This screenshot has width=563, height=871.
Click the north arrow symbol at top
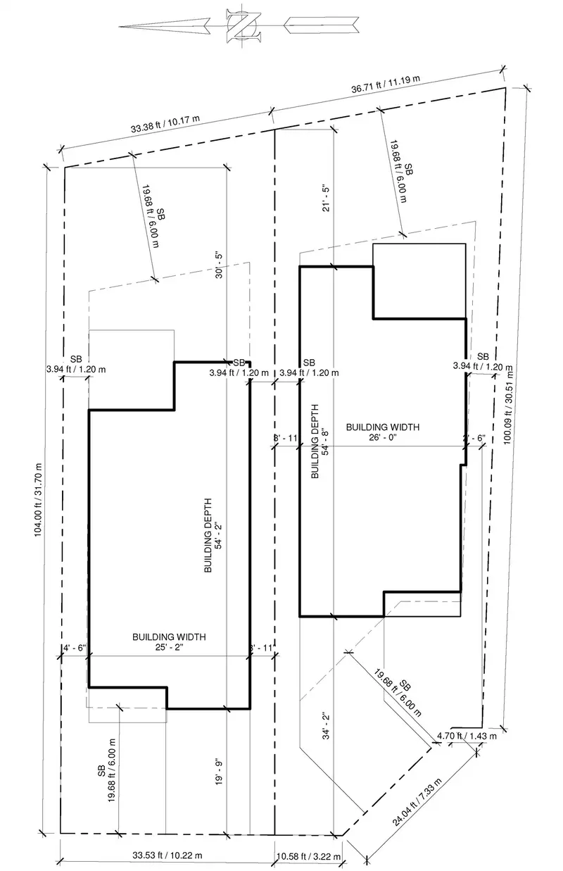coord(239,27)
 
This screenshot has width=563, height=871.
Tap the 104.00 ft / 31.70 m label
coord(38,500)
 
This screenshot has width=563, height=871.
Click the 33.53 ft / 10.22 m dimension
coord(167,856)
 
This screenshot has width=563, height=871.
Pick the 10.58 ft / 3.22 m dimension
coord(308,856)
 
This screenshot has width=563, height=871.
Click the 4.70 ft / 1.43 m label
coord(467,736)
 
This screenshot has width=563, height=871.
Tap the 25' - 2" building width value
coord(169,647)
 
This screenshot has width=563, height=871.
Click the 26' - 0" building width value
coord(383,437)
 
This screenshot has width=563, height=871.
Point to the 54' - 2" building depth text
coord(220,536)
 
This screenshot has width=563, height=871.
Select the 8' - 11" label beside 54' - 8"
coord(286,437)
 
